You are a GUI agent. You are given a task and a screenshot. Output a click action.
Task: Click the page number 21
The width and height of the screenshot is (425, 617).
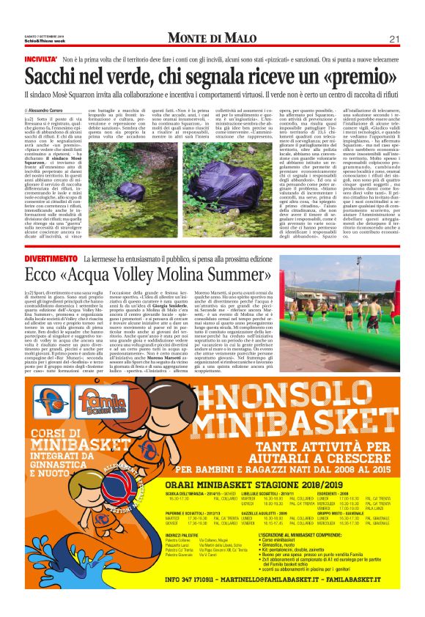[393, 38]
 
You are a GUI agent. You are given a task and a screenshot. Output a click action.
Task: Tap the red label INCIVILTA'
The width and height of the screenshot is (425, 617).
[41, 59]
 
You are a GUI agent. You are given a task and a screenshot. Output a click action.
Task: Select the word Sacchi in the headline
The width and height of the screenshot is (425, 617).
[53, 76]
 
